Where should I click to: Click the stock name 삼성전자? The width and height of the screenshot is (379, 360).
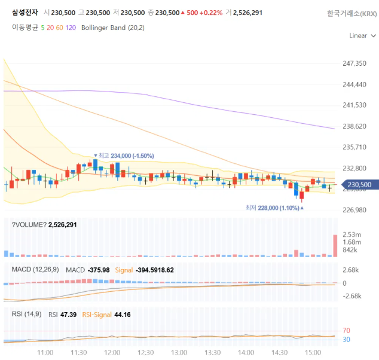(x=25, y=13)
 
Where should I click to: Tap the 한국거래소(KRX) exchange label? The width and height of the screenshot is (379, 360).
(x=352, y=14)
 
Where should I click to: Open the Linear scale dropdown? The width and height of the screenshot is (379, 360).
(x=363, y=35)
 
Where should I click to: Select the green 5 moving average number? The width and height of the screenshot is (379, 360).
(x=43, y=28)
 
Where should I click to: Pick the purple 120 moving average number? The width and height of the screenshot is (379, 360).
(x=71, y=28)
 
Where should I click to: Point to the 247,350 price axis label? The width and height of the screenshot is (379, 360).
(x=354, y=63)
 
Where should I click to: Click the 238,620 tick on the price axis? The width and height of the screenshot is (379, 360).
(x=354, y=126)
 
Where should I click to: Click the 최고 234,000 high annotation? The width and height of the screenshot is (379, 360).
(x=124, y=155)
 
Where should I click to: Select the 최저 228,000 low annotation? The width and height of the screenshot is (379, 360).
(x=274, y=208)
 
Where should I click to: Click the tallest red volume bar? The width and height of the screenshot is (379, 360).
(x=335, y=246)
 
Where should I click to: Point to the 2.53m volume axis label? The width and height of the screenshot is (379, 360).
(x=352, y=234)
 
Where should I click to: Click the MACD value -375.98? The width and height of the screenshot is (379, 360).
(x=99, y=270)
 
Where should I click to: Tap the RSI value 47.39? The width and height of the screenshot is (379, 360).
(x=68, y=315)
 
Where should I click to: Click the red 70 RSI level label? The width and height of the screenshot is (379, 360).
(x=346, y=331)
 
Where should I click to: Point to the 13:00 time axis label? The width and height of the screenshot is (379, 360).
(x=179, y=352)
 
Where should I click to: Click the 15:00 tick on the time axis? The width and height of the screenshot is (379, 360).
(x=313, y=352)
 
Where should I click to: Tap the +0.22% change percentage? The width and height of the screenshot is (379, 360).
(x=211, y=13)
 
